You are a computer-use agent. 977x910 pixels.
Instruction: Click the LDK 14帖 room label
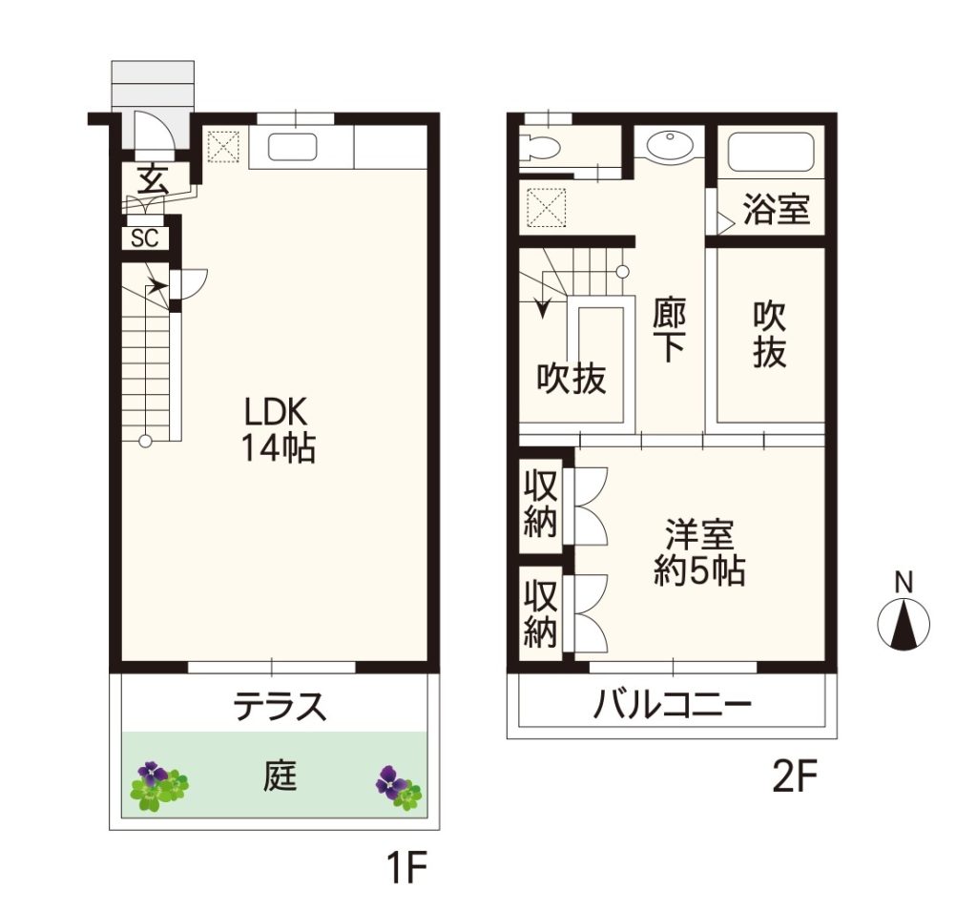click(279, 429)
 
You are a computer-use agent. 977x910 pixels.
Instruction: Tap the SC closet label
click(145, 238)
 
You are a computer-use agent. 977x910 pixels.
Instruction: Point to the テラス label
click(280, 706)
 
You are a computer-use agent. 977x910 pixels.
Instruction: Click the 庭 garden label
click(280, 776)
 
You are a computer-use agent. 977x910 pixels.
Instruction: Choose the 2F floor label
click(794, 776)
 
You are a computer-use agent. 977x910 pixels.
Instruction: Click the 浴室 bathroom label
click(777, 209)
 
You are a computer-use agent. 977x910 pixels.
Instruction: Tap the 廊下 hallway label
click(670, 330)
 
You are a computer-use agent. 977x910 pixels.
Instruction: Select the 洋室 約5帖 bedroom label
click(699, 552)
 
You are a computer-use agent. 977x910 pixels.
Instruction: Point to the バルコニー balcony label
click(673, 706)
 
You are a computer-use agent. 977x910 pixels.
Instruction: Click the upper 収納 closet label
click(540, 504)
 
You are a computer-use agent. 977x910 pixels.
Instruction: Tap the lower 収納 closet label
click(540, 613)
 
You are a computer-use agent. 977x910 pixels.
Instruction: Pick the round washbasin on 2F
click(670, 145)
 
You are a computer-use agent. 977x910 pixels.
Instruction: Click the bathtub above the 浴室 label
click(771, 152)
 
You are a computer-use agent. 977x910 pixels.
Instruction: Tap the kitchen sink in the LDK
click(292, 148)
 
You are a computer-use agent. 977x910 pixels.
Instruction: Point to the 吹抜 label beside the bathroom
click(770, 335)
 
